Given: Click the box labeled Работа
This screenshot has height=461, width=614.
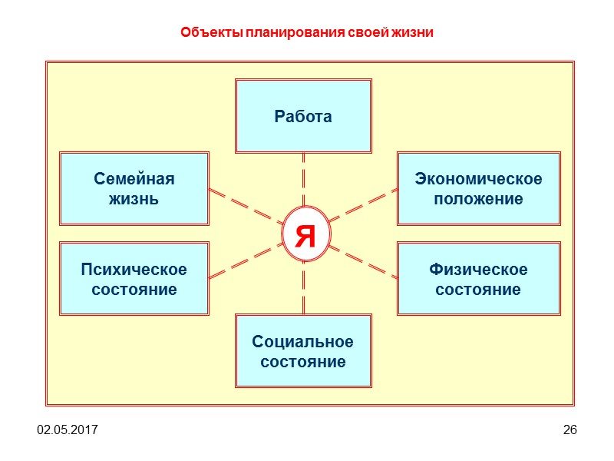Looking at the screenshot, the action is (303, 116).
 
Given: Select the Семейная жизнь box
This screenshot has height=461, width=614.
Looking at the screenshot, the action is (134, 188).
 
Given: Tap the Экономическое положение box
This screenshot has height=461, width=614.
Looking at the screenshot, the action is (478, 188).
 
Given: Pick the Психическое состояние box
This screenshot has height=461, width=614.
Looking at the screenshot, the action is (134, 279).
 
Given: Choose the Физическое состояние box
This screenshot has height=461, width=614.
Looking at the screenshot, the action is (478, 279).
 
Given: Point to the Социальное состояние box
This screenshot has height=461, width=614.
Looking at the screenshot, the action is (303, 350).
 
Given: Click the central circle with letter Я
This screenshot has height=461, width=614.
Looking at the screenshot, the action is (305, 234).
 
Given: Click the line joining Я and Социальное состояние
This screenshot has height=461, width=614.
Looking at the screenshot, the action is (304, 288).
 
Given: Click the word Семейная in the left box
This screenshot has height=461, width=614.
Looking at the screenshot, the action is (134, 179).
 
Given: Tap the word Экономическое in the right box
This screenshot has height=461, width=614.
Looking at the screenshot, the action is (478, 179).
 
